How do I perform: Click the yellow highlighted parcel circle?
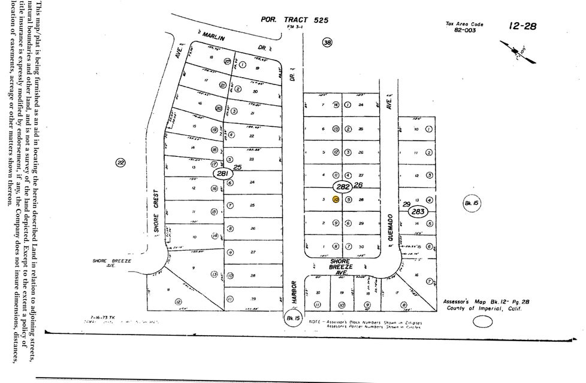tap(336, 199)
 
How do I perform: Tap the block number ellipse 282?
tap(344, 187)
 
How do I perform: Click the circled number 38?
tap(327, 42)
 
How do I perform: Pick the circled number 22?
tap(121, 162)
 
